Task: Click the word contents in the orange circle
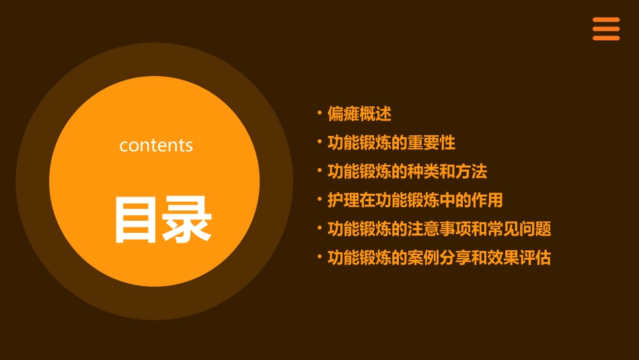tap(156, 145)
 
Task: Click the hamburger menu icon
tap(606, 29)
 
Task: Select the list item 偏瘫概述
tap(359, 114)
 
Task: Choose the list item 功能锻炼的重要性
tap(391, 143)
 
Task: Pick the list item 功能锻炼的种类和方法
tap(407, 172)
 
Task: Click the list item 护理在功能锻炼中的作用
tap(414, 201)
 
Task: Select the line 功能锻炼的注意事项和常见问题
tap(439, 229)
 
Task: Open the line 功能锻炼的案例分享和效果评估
tap(439, 258)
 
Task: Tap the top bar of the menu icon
tap(606, 20)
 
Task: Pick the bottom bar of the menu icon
tap(606, 38)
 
